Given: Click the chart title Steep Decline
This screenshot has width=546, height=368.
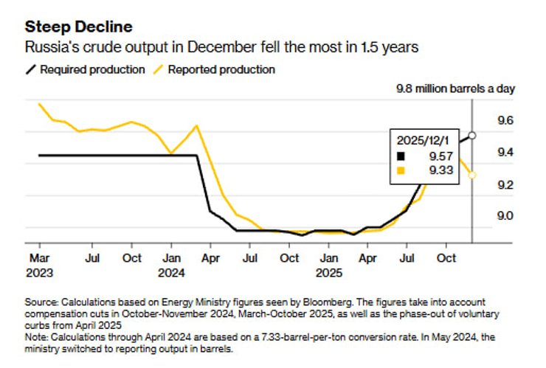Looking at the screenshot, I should pos(79,27).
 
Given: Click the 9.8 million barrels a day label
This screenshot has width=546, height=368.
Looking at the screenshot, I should pos(452,88).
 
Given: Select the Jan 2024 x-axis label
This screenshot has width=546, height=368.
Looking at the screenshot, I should pos(171,265).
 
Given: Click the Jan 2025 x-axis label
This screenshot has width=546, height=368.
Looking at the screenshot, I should pos(329,265).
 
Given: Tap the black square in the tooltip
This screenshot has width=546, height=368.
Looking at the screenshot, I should pos(401,156).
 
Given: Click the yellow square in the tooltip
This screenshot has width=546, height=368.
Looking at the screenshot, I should pos(401,171).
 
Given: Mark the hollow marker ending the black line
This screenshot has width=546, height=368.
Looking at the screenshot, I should pos(472,136).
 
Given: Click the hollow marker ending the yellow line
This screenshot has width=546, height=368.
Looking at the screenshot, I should pos(472,175).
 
